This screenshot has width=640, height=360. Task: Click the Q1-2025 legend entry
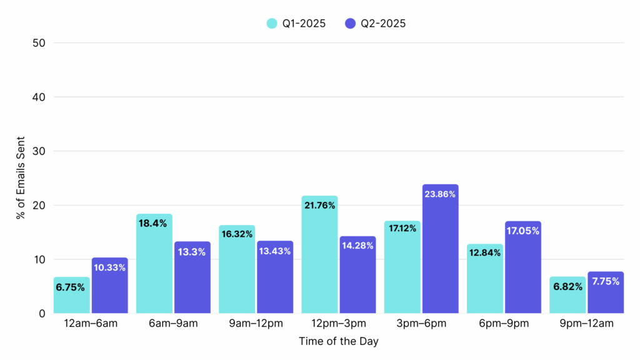tap(296, 24)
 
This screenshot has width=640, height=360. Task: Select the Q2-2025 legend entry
tap(375, 24)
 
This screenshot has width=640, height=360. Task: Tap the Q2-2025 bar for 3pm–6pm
tap(440, 250)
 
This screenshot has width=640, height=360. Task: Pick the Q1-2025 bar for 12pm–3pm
tap(319, 256)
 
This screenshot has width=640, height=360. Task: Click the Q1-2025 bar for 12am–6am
tap(71, 295)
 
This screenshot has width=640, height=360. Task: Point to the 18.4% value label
tap(154, 223)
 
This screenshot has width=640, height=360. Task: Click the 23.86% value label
tap(440, 194)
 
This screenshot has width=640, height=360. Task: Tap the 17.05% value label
tap(523, 231)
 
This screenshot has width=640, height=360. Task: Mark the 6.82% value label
tap(567, 286)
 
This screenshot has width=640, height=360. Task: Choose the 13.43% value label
tap(275, 251)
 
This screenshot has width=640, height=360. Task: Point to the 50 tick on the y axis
tap(40, 43)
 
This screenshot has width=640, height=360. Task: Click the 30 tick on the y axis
tap(40, 151)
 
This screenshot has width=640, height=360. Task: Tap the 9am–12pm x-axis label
tap(256, 324)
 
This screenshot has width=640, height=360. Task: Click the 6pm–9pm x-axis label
tap(504, 324)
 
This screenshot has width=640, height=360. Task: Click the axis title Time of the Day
tap(338, 342)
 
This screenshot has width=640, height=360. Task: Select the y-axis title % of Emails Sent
tap(21, 177)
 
